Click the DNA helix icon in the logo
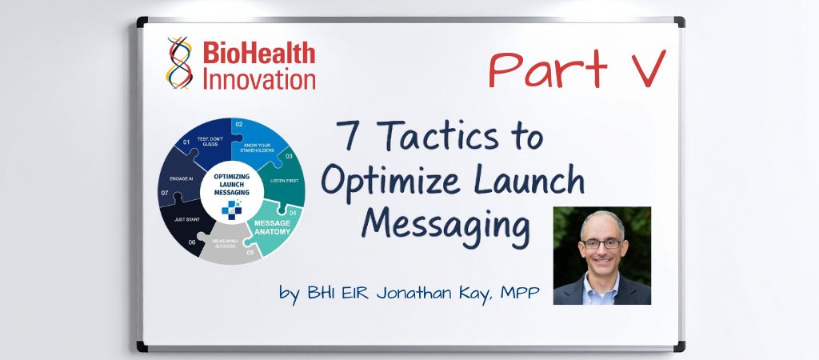[x=180, y=62]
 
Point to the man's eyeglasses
[x=601, y=243]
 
